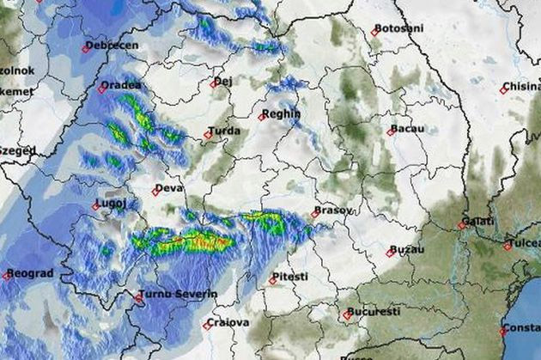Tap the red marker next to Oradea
pos(102,88)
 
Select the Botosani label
pos(400,28)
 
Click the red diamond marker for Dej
pos(214,84)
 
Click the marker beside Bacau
pos(391,131)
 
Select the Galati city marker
pos(462,225)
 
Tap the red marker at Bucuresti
pos(348,314)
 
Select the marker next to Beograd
pos(7,276)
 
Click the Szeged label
pos(17,150)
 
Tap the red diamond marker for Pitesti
pos(272,280)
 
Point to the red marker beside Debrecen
pos(86,48)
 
